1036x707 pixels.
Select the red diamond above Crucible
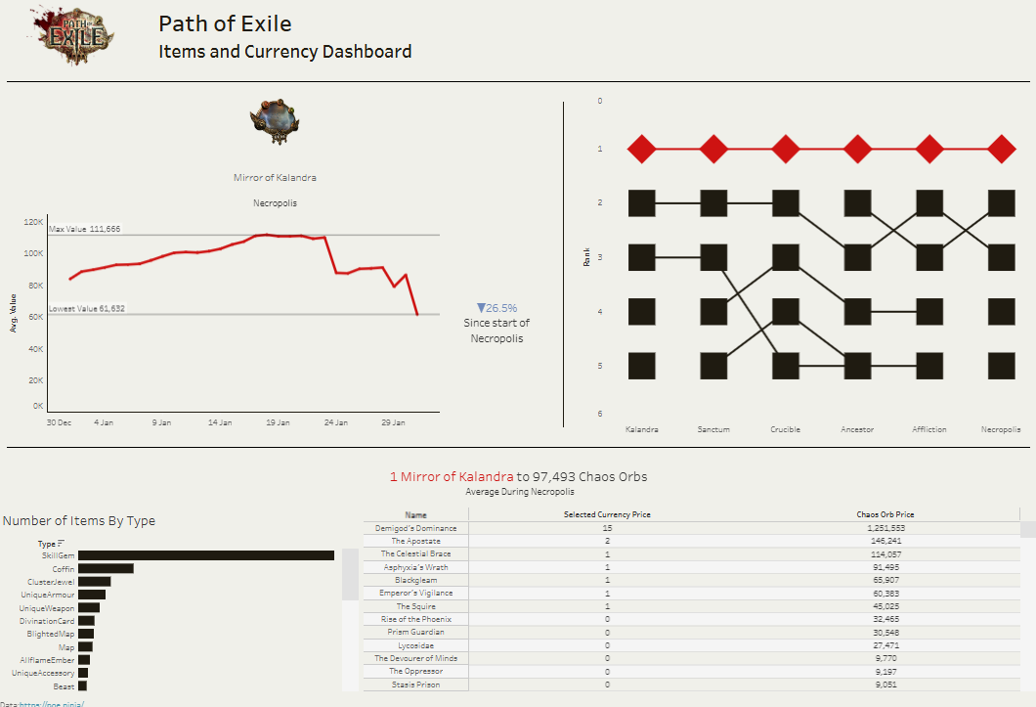click(786, 150)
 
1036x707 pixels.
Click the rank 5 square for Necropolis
click(1001, 366)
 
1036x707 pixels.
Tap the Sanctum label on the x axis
click(713, 429)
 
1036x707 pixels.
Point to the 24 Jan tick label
click(335, 423)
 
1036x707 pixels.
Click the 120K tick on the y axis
click(32, 222)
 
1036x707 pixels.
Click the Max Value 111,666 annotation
click(85, 229)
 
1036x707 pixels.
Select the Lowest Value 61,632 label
click(87, 309)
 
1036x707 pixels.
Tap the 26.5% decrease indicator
click(496, 308)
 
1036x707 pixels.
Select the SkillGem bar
click(205, 555)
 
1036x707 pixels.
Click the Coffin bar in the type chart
click(106, 568)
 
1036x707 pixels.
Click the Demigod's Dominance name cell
click(415, 528)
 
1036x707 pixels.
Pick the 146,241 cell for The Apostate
click(885, 541)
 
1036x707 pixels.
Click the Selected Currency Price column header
click(607, 514)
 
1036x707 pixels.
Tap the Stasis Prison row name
click(415, 685)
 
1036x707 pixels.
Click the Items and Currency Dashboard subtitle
click(284, 52)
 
